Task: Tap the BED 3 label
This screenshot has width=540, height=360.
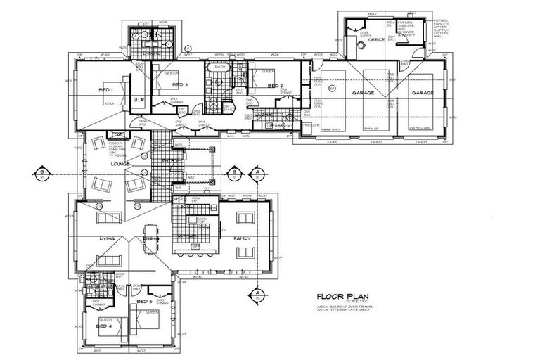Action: (179, 85)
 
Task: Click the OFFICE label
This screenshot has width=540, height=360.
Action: (376, 40)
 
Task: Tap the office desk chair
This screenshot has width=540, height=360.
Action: (360, 44)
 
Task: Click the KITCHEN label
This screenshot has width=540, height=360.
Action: (187, 236)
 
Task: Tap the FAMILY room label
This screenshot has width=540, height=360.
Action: (241, 238)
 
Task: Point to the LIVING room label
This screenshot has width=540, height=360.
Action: (106, 238)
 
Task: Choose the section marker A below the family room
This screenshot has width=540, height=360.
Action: (257, 292)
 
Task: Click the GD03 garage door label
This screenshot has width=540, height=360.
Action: (422, 141)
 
